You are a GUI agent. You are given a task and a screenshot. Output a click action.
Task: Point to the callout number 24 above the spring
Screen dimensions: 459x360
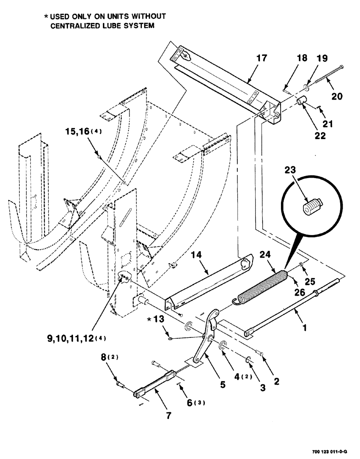(x=266, y=255)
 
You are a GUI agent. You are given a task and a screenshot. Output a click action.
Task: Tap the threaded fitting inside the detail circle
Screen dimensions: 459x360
(x=312, y=207)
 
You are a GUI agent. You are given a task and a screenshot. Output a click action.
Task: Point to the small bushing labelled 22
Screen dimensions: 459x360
(x=302, y=101)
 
